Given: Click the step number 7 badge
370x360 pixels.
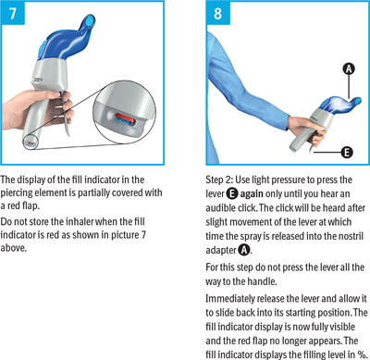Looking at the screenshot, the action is (12, 13).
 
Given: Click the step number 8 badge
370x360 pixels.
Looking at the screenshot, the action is (218, 13).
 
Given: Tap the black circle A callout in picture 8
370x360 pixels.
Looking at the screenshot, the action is (349, 69).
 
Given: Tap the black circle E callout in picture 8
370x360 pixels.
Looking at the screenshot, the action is (347, 152).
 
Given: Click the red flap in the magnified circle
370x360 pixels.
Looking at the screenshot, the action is (123, 117).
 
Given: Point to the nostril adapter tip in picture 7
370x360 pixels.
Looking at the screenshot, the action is (90, 20).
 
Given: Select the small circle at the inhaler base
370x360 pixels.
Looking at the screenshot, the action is (31, 143).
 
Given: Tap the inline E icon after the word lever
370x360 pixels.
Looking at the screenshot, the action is (232, 193).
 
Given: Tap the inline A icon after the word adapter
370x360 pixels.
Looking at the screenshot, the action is (244, 250).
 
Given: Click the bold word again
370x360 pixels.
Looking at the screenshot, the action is (252, 194).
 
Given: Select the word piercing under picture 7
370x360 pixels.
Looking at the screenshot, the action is (16, 193).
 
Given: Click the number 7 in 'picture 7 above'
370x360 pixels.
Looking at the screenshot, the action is (143, 235).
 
